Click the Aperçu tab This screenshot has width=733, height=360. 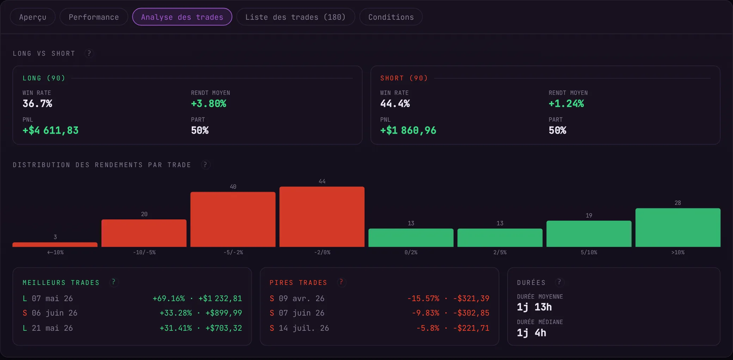point(33,17)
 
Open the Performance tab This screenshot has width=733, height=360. point(94,17)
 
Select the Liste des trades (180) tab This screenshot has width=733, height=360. point(295,17)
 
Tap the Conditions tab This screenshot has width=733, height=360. point(391,17)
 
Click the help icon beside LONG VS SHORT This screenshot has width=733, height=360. point(89,53)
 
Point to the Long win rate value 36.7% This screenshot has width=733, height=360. point(37,103)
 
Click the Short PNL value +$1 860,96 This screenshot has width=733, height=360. point(408,130)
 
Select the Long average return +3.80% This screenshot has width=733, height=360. point(209,103)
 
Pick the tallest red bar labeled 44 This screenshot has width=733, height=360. point(322,216)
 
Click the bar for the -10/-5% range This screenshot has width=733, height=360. point(144,233)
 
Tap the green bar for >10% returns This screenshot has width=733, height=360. point(678,227)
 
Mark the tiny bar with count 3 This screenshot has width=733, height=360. point(55,244)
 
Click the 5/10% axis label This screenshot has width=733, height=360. point(589,252)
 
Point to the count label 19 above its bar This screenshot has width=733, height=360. point(589,215)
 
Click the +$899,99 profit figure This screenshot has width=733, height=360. point(224,313)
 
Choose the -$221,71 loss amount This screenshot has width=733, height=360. point(471,328)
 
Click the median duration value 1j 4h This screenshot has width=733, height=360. point(531,332)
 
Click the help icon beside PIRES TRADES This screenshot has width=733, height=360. point(341,282)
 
